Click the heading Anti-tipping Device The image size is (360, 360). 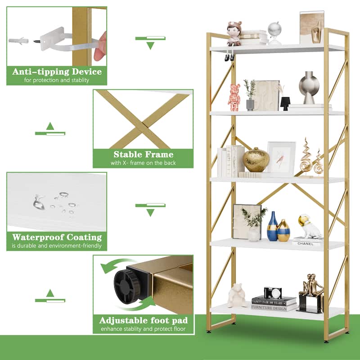pos(57,72)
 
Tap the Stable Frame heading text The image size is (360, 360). pos(143,155)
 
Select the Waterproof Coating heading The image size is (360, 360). pos(57,237)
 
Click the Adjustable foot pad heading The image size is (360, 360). pos(143,321)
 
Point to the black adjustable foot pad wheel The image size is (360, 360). pos(127,285)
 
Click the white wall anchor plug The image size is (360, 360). pos(18,40)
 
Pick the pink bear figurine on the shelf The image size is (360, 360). pos(234,97)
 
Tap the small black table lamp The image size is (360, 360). pos(285,103)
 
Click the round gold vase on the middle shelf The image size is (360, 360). pos(256,160)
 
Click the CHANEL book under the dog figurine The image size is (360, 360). pos(306,243)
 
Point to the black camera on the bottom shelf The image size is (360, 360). pos(273,292)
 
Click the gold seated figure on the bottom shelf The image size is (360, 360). pos(311,290)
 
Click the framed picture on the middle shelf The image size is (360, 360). pos(281,158)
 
